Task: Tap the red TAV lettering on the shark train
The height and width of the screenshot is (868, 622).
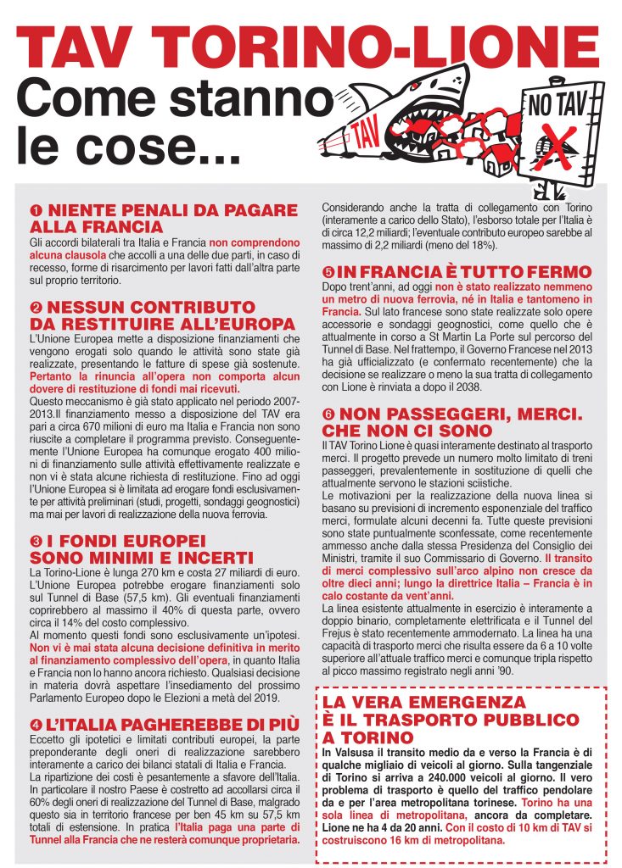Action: point(364,135)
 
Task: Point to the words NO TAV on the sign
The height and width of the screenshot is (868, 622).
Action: point(556,106)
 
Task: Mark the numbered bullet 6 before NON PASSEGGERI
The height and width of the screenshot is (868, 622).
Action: point(328,415)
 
